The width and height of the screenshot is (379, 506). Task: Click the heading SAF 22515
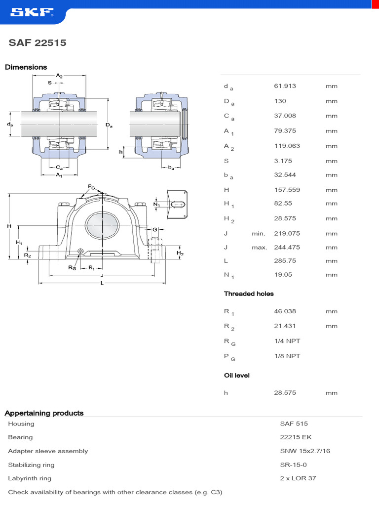pyautogui.click(x=38, y=43)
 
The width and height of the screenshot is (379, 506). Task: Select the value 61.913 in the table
pyautogui.click(x=285, y=86)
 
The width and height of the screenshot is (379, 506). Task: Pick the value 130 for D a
pyautogui.click(x=280, y=101)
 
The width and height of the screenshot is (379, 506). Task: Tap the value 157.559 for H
pyautogui.click(x=287, y=190)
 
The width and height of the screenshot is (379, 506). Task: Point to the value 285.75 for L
pyautogui.click(x=285, y=261)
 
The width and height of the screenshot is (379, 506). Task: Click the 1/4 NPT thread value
pyautogui.click(x=287, y=341)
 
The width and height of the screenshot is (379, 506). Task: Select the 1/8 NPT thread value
pyautogui.click(x=287, y=356)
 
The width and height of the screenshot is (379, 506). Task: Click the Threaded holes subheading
pyautogui.click(x=249, y=294)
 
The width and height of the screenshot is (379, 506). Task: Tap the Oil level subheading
pyautogui.click(x=237, y=376)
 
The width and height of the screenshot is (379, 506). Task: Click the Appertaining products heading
pyautogui.click(x=44, y=413)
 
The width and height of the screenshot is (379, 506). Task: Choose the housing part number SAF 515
pyautogui.click(x=294, y=423)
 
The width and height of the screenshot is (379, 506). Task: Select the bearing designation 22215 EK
pyautogui.click(x=296, y=437)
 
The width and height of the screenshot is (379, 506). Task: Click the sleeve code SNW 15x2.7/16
pyautogui.click(x=304, y=451)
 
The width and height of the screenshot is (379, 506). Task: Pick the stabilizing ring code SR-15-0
pyautogui.click(x=293, y=465)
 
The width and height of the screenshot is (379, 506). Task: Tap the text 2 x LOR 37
pyautogui.click(x=298, y=478)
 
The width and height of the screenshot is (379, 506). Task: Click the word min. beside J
pyautogui.click(x=259, y=234)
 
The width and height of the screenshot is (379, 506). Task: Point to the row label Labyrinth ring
pyautogui.click(x=30, y=478)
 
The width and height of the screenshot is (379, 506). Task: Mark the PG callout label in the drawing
pyautogui.click(x=91, y=186)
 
